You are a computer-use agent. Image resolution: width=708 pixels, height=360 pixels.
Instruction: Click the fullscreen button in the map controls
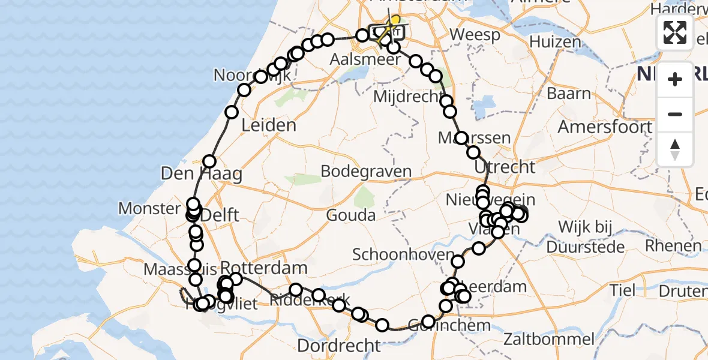pyautogui.click(x=675, y=32)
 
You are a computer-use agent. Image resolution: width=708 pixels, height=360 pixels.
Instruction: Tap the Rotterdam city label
pyautogui.click(x=264, y=267)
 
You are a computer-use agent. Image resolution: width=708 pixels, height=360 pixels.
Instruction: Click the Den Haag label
pyautogui.click(x=201, y=175)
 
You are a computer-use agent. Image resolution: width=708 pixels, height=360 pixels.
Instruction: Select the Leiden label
pyautogui.click(x=269, y=126)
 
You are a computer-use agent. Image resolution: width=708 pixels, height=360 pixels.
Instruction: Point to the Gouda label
pyautogui.click(x=352, y=215)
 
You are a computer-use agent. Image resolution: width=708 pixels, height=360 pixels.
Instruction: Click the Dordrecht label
pyautogui.click(x=339, y=346)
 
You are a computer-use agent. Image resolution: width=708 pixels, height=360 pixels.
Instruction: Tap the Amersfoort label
pyautogui.click(x=605, y=127)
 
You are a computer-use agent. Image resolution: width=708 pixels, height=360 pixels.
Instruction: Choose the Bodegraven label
pyautogui.click(x=366, y=171)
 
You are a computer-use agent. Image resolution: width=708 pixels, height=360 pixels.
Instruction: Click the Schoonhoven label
pyautogui.click(x=404, y=254)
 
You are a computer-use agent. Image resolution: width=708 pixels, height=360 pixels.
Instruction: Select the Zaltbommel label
pyautogui.click(x=544, y=338)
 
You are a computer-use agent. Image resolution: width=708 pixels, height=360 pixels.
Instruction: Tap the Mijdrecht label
pyautogui.click(x=408, y=96)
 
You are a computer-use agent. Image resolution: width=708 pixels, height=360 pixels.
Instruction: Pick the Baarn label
pyautogui.click(x=569, y=94)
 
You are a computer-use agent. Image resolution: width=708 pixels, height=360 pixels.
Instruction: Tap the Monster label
pyautogui.click(x=149, y=209)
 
